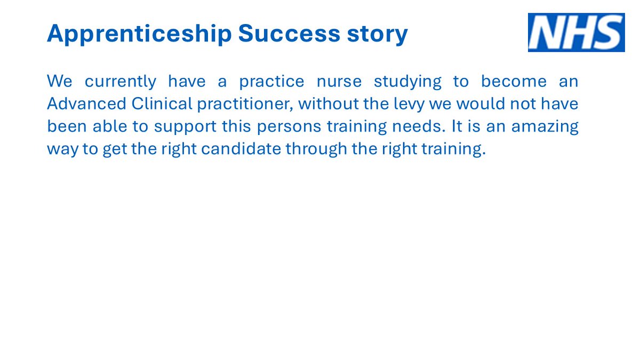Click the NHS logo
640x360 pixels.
tap(576, 33)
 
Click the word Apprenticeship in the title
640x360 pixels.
tap(139, 34)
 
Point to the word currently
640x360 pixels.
tap(121, 82)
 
